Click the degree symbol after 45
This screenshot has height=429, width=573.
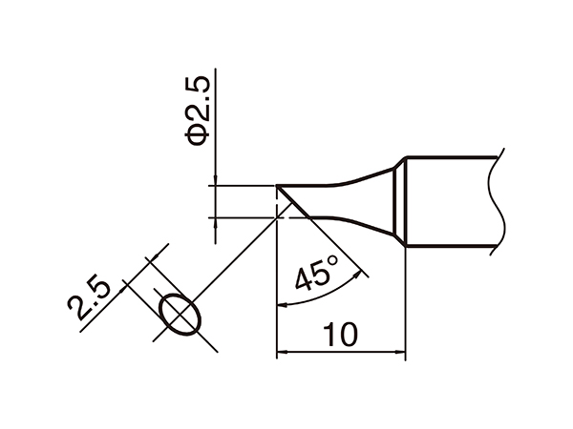coord(333,259)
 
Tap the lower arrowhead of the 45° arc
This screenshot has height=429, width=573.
coord(282,305)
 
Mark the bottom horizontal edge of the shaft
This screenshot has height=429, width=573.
coord(449,250)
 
